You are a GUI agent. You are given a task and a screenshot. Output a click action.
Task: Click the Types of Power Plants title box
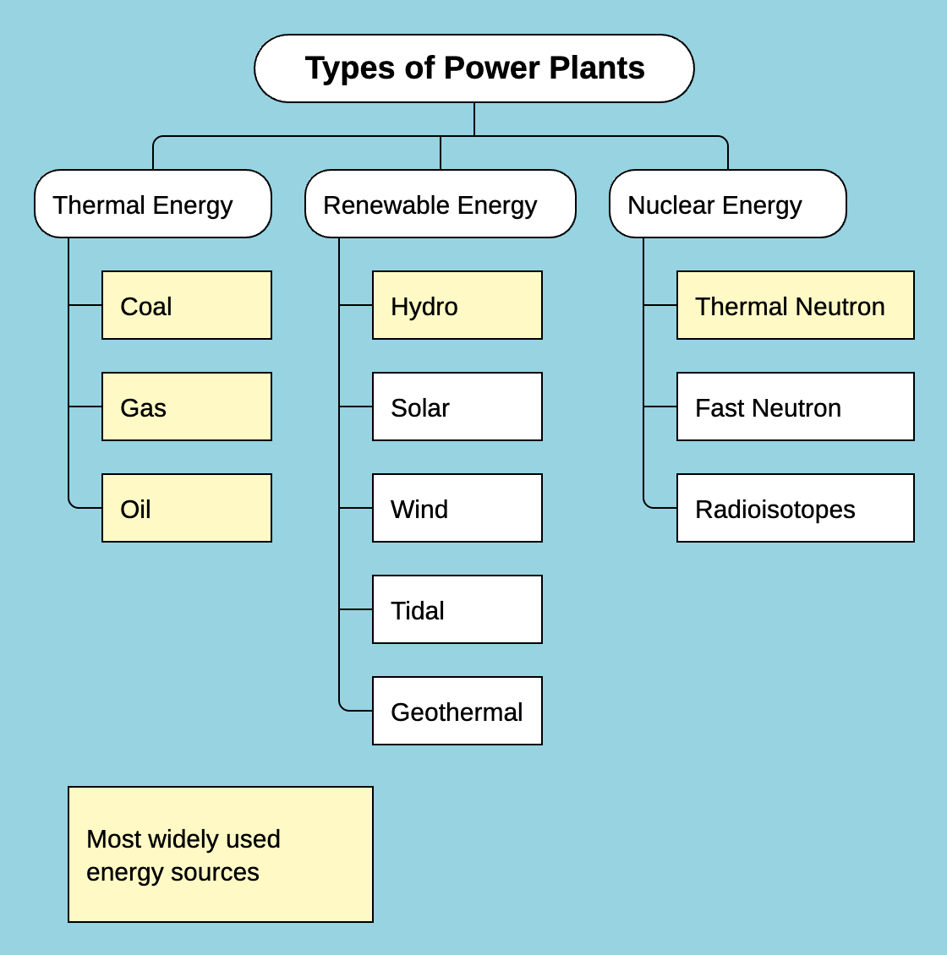(473, 68)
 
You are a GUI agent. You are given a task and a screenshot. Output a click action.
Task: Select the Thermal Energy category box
(152, 204)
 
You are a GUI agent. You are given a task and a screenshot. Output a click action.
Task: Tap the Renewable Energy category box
(440, 204)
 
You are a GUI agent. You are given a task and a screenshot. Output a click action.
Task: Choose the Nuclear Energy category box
(727, 204)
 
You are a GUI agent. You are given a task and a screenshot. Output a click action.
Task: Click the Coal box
(186, 305)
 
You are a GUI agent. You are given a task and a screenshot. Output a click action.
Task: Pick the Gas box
(186, 407)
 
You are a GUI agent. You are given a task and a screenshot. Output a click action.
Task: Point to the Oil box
(186, 508)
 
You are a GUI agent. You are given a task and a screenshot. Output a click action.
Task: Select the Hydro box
(457, 305)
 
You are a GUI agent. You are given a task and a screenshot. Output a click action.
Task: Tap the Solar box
(457, 407)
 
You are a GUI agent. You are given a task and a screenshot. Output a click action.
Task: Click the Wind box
(457, 508)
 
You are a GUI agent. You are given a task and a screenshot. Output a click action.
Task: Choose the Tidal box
(457, 609)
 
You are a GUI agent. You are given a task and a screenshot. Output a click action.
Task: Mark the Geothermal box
(457, 711)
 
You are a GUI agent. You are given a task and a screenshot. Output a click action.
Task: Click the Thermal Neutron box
(795, 305)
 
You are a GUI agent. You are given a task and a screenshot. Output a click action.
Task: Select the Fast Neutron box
(795, 407)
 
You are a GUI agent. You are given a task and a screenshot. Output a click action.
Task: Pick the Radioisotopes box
(795, 508)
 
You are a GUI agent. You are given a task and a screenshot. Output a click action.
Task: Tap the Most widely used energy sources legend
(220, 854)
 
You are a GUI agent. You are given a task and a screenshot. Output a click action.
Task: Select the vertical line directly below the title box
(474, 119)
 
